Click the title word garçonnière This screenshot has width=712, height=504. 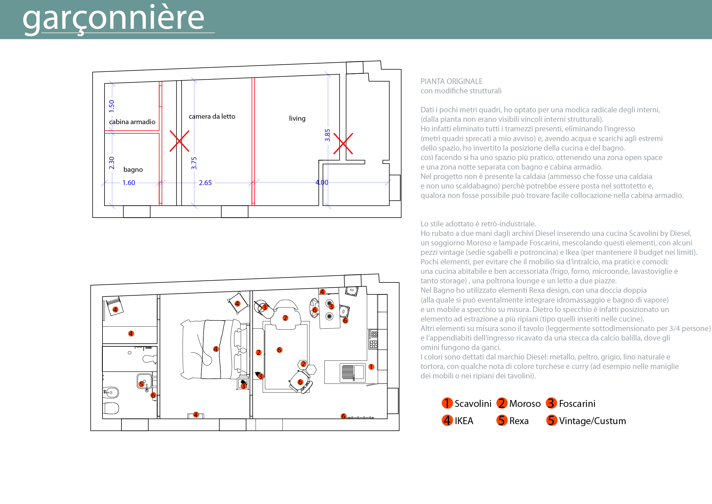coord(113,19)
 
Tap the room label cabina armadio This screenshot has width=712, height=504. coord(132,122)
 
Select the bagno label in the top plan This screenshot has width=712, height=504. coord(133,170)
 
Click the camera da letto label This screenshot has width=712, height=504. coord(212,116)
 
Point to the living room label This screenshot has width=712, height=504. coord(297,118)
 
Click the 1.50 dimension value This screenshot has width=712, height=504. coord(112,106)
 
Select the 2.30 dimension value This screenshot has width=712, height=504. coord(112,163)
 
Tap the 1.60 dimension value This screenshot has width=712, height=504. coord(129,183)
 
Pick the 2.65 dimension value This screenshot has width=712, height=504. coord(205,183)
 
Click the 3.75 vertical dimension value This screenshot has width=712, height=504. coord(194,163)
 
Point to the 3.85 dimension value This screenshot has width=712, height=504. coord(328,135)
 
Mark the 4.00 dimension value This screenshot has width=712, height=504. coord(322,182)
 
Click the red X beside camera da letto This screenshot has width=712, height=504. coord(179,141)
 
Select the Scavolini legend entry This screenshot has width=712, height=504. coord(467,403)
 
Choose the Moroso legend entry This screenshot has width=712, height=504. coord(518,403)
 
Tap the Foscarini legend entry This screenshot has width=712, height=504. coord(570,403)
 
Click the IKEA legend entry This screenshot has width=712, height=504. coord(458,421)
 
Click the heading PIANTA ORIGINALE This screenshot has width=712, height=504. coord(451,81)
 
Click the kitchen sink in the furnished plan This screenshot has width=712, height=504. coord(353,372)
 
